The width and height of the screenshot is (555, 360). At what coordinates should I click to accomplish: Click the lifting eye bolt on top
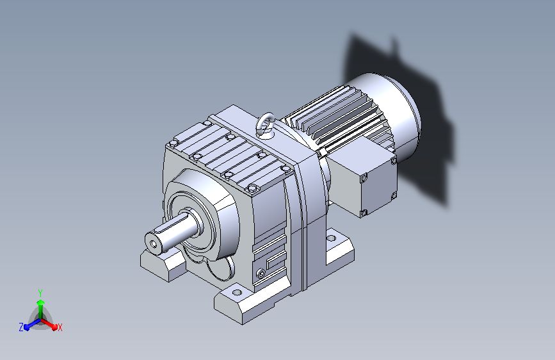pos(265,124)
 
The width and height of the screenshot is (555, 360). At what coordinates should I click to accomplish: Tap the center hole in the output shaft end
pos(153,244)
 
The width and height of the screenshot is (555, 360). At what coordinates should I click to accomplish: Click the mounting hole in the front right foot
pos(237,293)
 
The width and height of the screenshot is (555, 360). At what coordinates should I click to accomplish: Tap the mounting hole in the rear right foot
pos(331,238)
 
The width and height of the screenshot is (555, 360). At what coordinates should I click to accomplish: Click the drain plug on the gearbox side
pos(261,273)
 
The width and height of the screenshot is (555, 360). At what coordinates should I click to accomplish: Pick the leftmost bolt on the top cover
pos(173,143)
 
